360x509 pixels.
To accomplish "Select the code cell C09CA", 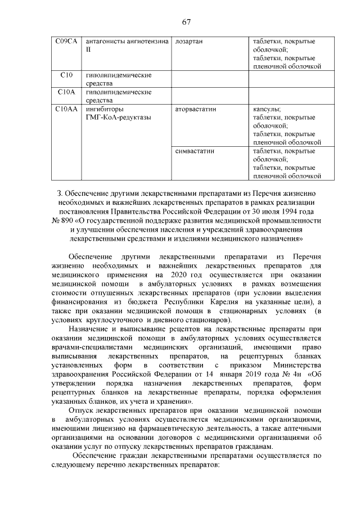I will coord(66,42).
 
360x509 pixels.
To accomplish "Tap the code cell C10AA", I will coord(66,109).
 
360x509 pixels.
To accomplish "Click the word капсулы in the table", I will coord(267,109).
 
